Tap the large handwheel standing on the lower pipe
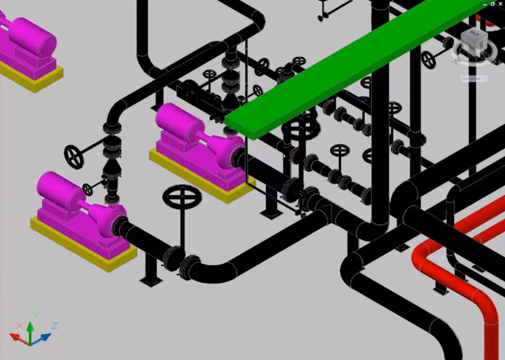tap(182, 197)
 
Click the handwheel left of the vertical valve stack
tap(74, 156)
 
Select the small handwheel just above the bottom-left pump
tap(88, 189)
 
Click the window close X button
tap(500, 4)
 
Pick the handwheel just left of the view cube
tap(428, 60)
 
